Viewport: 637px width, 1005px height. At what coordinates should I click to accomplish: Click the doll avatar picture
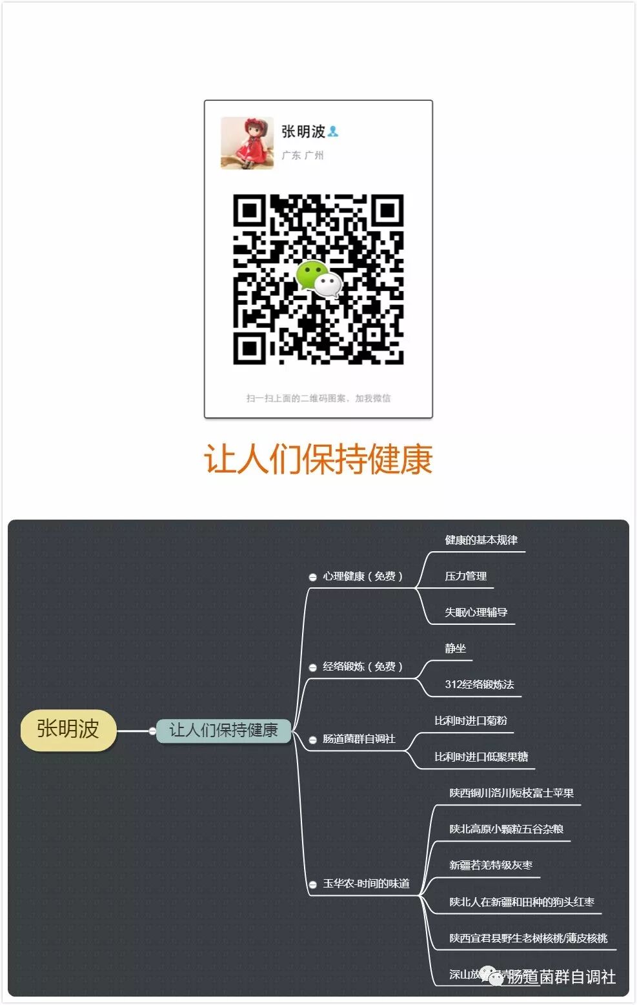point(247,143)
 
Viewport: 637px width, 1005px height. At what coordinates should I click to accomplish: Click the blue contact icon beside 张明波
point(333,132)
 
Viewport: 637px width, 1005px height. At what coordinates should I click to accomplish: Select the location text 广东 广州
point(303,156)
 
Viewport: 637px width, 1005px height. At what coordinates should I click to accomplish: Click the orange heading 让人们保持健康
point(318,460)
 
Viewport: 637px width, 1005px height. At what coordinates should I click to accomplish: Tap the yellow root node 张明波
point(68,729)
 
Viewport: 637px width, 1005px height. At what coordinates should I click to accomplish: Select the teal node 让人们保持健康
point(223,730)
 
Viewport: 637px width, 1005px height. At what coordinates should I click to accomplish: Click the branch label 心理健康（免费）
point(363,576)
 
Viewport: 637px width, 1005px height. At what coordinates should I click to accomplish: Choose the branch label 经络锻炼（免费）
point(363,667)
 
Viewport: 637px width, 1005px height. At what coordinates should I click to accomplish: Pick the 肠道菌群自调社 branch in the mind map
point(359,739)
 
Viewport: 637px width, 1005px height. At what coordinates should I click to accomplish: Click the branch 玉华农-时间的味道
point(366,884)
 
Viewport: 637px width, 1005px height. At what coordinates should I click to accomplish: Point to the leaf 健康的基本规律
point(481,540)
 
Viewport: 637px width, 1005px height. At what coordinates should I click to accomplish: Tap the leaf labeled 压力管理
point(465,576)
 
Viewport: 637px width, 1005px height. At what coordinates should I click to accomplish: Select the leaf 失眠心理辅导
point(476,613)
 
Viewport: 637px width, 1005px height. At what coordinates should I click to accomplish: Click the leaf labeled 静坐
point(455,649)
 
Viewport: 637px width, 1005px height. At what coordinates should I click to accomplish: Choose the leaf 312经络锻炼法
point(479,685)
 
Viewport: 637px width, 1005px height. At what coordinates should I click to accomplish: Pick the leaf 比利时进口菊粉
point(470,721)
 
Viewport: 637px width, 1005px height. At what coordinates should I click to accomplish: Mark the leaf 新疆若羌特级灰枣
point(490,866)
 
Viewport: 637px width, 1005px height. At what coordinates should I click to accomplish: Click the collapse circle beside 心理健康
point(312,577)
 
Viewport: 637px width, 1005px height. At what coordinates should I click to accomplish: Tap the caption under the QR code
point(318,398)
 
